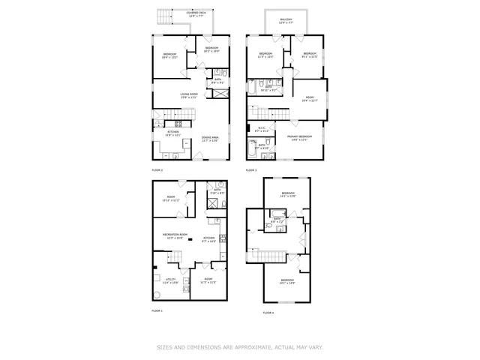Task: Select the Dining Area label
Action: click(x=210, y=139)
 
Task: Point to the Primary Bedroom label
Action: click(x=298, y=137)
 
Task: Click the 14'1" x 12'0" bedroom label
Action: click(x=288, y=194)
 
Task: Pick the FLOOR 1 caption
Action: click(x=157, y=310)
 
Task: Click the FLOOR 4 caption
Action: click(x=268, y=312)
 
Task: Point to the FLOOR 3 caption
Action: click(x=252, y=170)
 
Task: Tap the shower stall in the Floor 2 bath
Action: click(x=219, y=94)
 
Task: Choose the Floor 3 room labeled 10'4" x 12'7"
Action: click(x=308, y=98)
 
